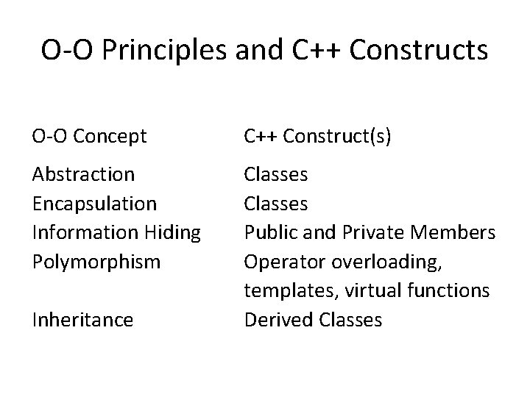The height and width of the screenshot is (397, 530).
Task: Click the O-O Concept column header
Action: point(90,135)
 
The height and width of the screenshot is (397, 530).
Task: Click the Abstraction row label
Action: point(83,175)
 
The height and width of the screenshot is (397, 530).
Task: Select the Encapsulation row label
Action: point(94,203)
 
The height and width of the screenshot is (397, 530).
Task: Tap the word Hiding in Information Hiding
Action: point(174,232)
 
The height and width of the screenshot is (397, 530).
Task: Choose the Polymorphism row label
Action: point(96,262)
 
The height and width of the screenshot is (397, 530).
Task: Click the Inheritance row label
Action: point(82,320)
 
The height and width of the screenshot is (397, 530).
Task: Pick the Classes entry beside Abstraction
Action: point(276,175)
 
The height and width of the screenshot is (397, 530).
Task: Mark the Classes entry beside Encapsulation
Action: point(276,203)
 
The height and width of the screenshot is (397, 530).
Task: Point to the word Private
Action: point(365,232)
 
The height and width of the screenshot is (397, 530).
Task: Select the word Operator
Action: point(280,262)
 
